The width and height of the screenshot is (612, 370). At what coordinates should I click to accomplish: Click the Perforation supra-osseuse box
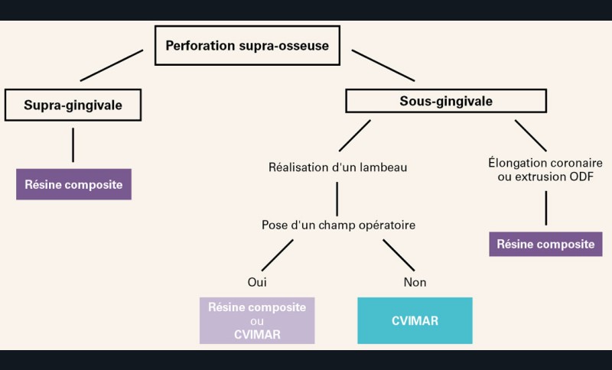tap(247, 46)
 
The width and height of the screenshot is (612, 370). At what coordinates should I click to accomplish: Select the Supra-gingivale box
tap(73, 105)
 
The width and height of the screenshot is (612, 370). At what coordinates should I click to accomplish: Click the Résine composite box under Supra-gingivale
tap(73, 183)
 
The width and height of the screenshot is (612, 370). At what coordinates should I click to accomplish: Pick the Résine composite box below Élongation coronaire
tap(545, 244)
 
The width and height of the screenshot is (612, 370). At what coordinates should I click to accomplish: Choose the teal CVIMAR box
tap(415, 320)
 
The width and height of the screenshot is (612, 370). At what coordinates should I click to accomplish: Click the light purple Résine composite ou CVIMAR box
tap(257, 320)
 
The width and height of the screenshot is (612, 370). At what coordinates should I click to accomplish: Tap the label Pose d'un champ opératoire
tap(337, 226)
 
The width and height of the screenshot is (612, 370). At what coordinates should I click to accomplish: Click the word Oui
tap(257, 282)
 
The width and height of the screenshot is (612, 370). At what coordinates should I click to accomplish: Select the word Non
tap(415, 282)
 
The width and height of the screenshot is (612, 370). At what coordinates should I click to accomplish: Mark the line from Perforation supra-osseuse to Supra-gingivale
tap(112, 65)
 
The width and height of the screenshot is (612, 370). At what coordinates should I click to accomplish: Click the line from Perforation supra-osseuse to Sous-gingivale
tap(383, 65)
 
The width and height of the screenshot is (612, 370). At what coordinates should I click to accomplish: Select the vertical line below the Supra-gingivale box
tap(73, 144)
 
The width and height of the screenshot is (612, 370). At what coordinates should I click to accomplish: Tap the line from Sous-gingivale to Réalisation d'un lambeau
tap(355, 135)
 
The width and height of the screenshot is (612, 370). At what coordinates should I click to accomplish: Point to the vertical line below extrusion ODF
tap(545, 207)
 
